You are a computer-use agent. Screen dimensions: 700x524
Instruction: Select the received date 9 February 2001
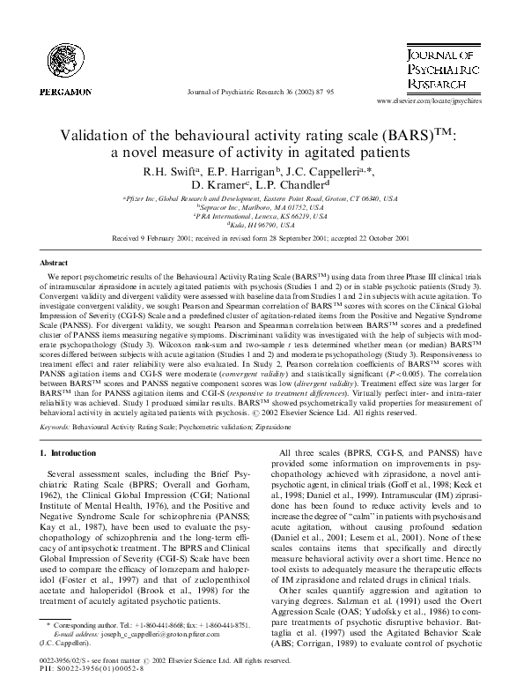pos(187,239)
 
